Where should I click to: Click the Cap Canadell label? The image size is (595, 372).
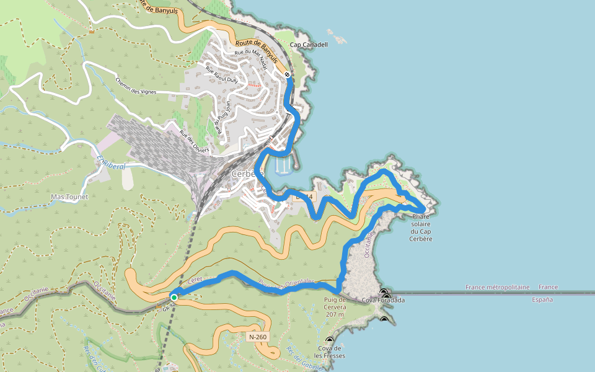[309, 45]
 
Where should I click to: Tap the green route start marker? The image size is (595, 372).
[174, 298]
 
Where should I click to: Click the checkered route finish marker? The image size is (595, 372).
[288, 75]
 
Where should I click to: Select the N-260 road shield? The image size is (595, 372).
[257, 337]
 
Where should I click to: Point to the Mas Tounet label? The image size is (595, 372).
[69, 197]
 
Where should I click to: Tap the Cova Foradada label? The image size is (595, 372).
[383, 300]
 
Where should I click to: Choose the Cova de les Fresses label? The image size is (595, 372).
[330, 352]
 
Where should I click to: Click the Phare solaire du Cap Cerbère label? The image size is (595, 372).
[421, 228]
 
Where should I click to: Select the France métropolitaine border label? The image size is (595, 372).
[498, 287]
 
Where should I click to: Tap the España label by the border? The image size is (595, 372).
[542, 299]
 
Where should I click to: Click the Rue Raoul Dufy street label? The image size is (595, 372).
[222, 75]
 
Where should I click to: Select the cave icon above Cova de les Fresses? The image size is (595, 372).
[329, 340]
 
